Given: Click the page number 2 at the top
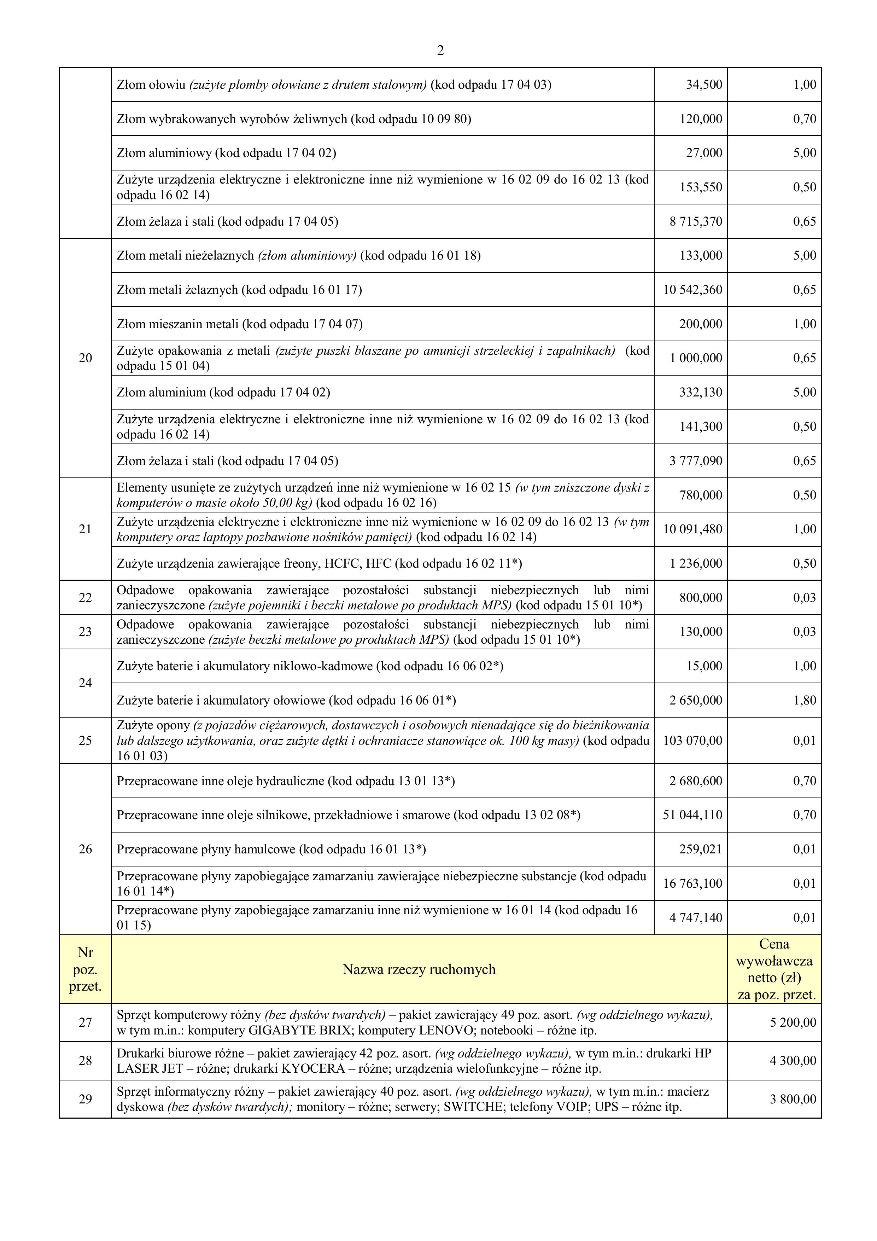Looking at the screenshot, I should (440, 51).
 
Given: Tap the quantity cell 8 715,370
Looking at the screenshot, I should (695, 222).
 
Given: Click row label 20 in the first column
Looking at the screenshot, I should (86, 358).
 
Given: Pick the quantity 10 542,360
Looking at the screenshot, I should (692, 290).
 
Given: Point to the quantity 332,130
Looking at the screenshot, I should (700, 393).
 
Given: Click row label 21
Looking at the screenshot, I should (86, 529).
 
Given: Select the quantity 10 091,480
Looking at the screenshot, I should (692, 529).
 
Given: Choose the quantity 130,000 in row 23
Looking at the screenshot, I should (700, 632).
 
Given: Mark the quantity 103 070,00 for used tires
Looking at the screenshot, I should (692, 741).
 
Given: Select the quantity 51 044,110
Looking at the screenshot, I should (692, 815).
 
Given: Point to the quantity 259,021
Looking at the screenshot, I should (700, 849).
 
